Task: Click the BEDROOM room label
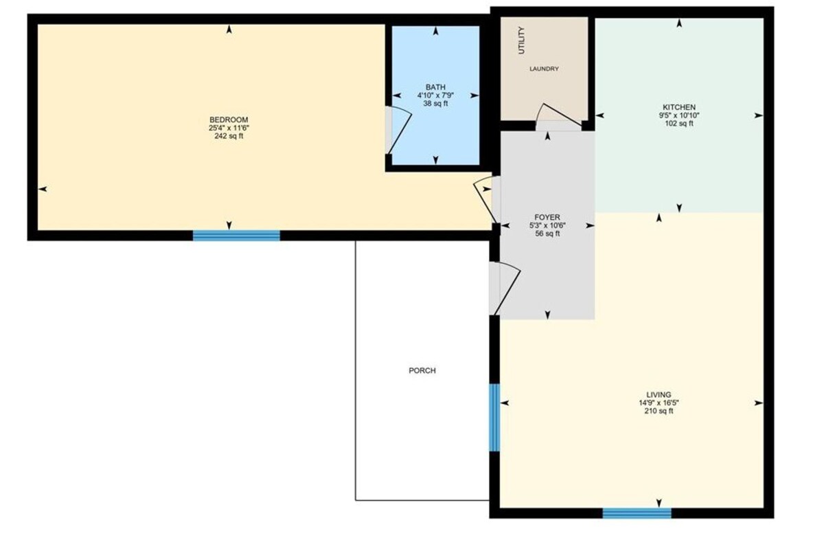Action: (229, 120)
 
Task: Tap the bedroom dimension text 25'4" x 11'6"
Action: (229, 128)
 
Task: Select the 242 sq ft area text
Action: (229, 136)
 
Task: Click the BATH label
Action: (435, 87)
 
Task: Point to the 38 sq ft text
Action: (435, 103)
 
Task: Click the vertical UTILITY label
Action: (521, 41)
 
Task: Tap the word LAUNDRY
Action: (544, 69)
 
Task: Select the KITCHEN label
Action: (679, 107)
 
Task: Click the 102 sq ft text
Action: (679, 123)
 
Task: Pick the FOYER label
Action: (547, 218)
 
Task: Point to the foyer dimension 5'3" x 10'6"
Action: (547, 225)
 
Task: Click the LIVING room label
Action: (659, 395)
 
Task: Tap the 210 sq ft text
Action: (659, 411)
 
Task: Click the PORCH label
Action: (422, 370)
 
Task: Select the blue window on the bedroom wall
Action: (236, 236)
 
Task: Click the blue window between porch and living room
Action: (494, 418)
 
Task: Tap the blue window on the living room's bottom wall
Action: (637, 513)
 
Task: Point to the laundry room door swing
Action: (559, 113)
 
